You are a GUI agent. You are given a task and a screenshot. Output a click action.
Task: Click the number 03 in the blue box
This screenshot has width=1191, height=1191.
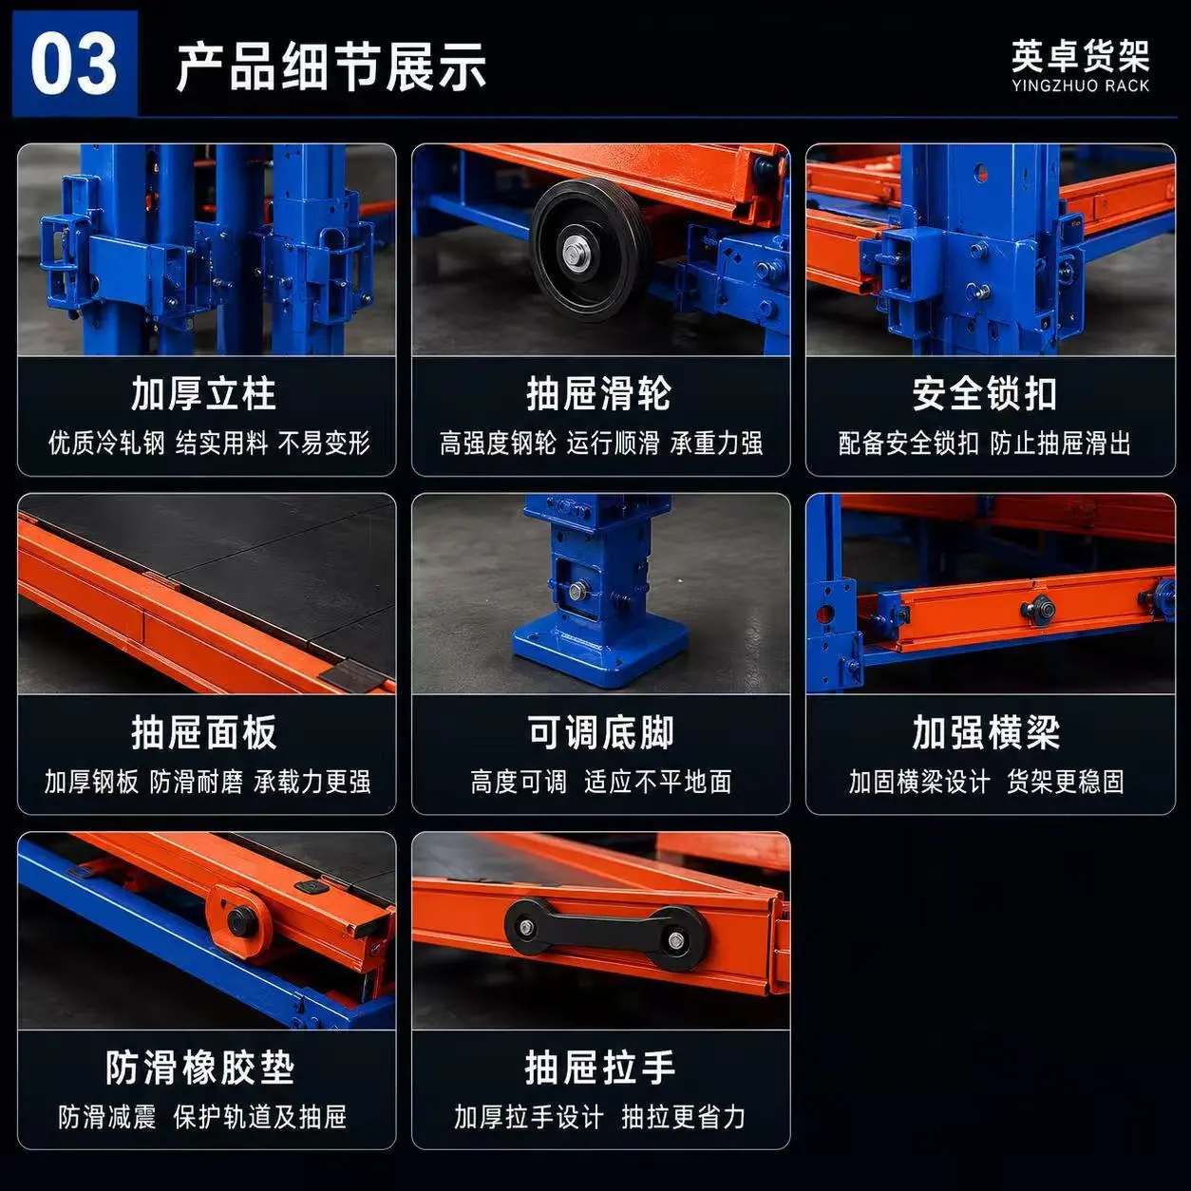point(73,65)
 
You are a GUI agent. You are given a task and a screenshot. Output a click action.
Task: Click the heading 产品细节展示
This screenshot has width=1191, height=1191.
point(331,66)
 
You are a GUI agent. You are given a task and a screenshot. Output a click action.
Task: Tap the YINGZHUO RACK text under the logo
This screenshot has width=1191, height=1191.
point(1081,85)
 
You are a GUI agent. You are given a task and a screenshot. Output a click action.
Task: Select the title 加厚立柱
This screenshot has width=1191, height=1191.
point(204,394)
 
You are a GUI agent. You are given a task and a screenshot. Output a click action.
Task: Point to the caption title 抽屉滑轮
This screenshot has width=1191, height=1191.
point(599,394)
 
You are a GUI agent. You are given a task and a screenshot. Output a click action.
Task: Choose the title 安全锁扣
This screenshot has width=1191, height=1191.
point(985,394)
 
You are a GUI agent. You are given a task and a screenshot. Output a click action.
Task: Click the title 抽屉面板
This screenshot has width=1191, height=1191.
point(204,732)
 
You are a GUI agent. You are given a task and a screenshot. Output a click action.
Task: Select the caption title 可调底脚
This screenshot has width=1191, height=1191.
point(601,732)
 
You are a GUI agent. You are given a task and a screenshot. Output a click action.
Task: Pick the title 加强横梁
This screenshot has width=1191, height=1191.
point(987,732)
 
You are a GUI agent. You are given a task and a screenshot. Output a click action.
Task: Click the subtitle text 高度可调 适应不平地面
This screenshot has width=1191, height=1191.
point(601,782)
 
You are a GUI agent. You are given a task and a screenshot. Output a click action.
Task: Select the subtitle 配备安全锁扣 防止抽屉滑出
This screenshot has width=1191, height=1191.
point(985,444)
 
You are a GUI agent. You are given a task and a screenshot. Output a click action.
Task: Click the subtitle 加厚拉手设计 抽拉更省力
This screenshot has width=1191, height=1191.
point(599,1117)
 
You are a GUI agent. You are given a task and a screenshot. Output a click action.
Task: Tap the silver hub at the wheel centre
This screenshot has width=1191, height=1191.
point(576,252)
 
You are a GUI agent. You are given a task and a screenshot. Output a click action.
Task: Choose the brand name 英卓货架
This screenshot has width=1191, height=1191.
point(1081,56)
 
